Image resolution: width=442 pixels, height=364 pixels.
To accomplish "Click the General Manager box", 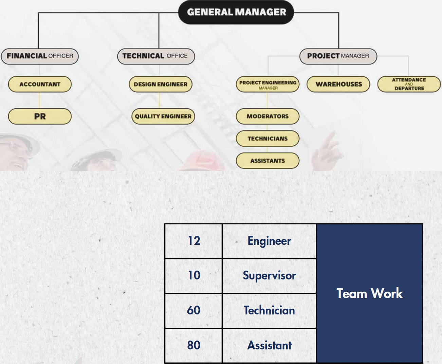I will pos(236,12).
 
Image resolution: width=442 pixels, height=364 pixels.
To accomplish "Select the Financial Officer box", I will pos(40,56).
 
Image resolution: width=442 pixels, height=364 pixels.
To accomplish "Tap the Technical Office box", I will pos(156,56).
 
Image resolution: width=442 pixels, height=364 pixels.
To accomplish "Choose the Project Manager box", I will pos(338,56).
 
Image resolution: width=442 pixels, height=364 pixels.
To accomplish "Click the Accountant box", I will pos(40,84).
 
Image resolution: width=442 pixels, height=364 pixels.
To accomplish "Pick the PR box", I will pos(40,116).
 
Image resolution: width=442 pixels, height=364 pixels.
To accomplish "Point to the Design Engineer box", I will pos(161,84).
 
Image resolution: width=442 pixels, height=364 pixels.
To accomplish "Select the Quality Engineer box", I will pos(163,116).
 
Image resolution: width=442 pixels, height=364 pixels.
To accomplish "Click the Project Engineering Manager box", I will pos(268,85).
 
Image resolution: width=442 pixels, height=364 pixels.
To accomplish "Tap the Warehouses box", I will pos(338,84).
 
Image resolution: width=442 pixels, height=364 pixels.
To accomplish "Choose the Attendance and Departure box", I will pos(409,84).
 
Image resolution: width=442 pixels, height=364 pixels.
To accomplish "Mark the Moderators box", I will pos(268,116).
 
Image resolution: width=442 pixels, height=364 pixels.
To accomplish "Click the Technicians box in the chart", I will pos(268,139).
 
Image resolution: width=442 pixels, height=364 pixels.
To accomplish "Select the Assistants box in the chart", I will pos(268,161).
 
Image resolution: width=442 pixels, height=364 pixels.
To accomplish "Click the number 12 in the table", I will pos(194,241).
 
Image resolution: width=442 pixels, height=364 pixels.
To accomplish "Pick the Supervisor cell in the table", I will pos(269,276).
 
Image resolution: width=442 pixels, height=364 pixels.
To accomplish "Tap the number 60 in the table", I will pos(194,310).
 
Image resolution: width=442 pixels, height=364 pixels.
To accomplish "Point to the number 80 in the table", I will pos(194,345).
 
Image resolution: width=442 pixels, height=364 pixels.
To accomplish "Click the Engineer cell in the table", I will pos(269,241).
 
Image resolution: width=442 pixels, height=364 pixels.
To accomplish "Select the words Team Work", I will pos(369,293).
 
